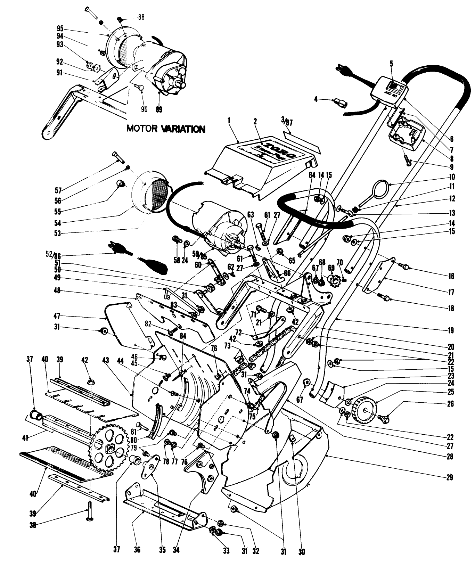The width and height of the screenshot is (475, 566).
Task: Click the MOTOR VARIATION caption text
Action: pos(166,129)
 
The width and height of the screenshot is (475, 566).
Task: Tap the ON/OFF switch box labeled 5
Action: pos(389,92)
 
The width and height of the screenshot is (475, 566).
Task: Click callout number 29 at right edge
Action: pos(450,478)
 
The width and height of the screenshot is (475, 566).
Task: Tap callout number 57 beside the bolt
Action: pos(58,190)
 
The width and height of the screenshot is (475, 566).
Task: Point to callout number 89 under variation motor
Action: pos(159,109)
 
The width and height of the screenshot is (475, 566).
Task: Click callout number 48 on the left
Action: pos(57,290)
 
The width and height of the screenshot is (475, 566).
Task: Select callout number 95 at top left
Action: pos(60,28)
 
